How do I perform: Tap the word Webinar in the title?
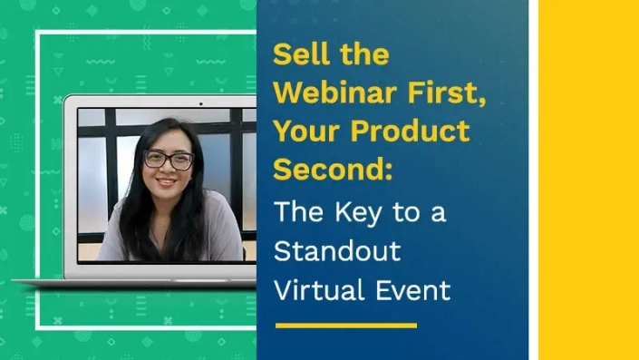tap(327, 92)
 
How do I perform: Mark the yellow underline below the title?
tap(345, 325)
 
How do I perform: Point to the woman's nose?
tap(169, 170)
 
